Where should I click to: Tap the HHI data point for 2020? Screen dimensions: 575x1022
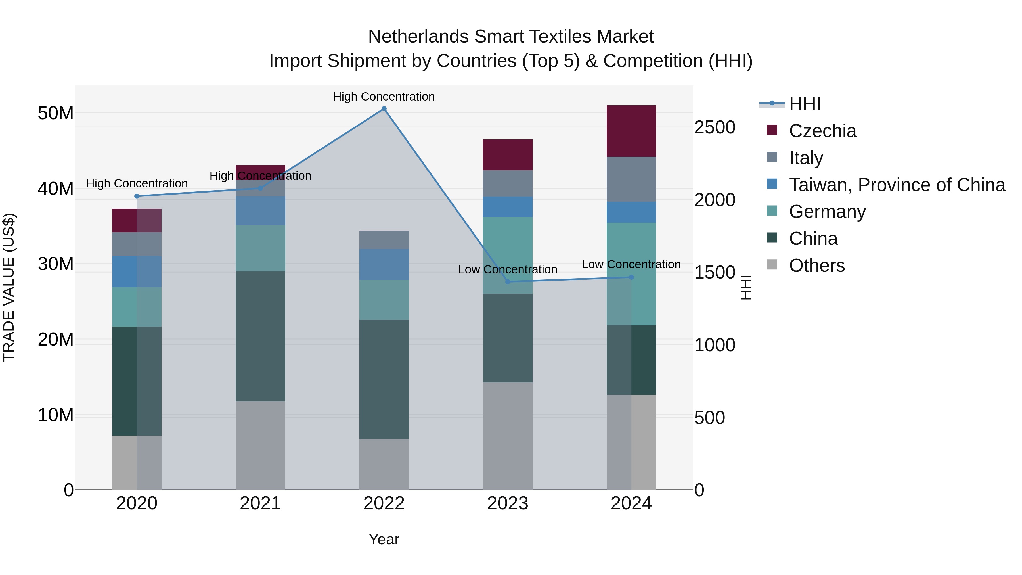coord(137,196)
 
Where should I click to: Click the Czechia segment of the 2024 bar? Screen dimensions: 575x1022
coord(631,131)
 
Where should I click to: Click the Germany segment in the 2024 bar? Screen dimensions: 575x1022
coord(631,274)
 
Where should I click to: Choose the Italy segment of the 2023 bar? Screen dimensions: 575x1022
coord(507,183)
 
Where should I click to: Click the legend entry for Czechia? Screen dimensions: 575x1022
coord(822,131)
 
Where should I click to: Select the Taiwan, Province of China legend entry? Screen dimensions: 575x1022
coord(897,185)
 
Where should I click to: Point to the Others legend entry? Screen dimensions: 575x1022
coord(816,265)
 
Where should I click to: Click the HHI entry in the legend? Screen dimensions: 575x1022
coord(804,104)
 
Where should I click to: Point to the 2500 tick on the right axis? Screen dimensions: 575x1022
coord(715,127)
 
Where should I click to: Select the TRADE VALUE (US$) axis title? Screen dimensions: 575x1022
coord(9,287)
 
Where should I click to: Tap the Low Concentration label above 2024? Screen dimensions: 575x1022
coord(631,264)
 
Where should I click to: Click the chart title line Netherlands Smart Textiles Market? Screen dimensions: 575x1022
coord(511,37)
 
